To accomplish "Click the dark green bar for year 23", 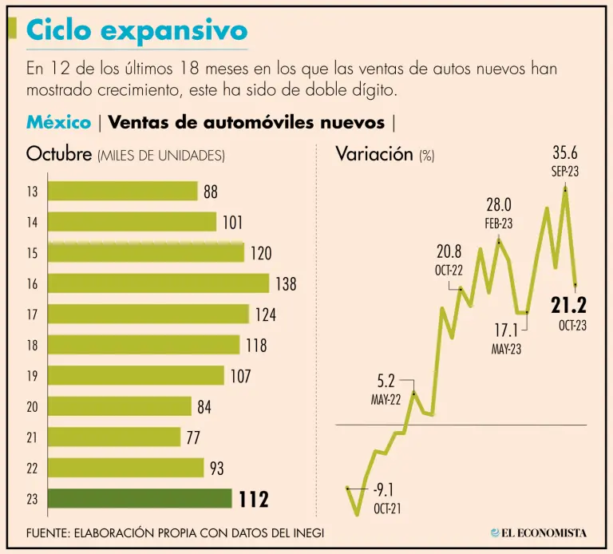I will tap(140, 499).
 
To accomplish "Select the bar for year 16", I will tap(159, 283).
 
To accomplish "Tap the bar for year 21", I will tap(114, 437).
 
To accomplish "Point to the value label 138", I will tap(286, 283).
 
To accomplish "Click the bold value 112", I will tap(254, 500).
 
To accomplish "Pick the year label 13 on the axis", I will tap(32, 192).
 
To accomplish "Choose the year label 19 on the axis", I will tap(32, 376).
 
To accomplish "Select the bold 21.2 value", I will tap(568, 304).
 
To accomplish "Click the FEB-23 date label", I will tap(499, 224).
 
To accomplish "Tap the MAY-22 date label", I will tap(386, 400).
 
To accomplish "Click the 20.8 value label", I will tap(449, 252).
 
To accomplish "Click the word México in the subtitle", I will tap(58, 122).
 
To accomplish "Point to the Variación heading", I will tap(374, 153).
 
